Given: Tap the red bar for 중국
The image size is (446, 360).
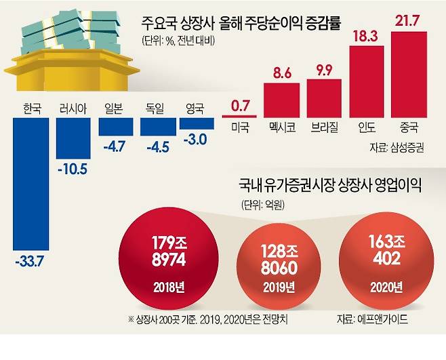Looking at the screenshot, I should point(409,74).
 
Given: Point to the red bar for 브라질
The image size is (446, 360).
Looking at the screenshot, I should point(325,98).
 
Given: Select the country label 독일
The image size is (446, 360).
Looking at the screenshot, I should point(155,108).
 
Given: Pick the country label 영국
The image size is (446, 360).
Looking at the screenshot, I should point(196,108).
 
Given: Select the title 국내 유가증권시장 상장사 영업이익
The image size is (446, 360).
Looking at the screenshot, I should point(327,185).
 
